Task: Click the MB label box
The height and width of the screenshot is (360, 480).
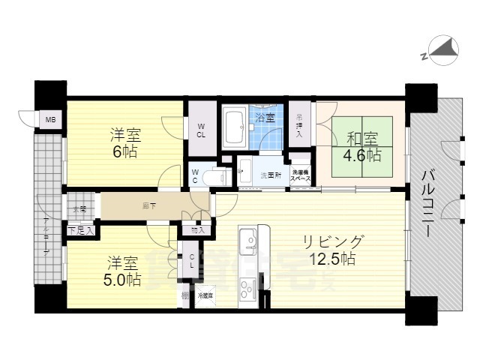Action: click(x=51, y=120)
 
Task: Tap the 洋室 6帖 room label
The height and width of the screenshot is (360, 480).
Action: click(x=125, y=143)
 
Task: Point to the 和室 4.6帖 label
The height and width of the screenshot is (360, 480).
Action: click(x=362, y=147)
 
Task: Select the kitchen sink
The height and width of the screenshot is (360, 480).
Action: click(x=248, y=241)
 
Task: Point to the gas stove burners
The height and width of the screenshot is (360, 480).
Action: click(x=247, y=286)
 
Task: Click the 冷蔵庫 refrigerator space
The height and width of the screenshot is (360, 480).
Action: click(x=205, y=295)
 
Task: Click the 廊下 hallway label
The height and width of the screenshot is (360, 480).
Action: click(x=150, y=205)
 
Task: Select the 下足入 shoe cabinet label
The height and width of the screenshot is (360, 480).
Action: click(x=81, y=230)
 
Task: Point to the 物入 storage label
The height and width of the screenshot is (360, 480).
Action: click(x=197, y=230)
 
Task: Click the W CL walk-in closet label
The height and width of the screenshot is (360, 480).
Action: click(x=202, y=130)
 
